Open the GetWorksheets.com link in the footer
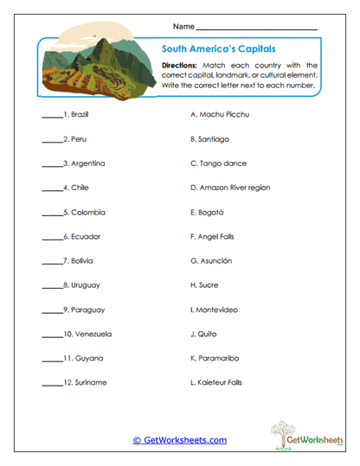coord(179,440)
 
